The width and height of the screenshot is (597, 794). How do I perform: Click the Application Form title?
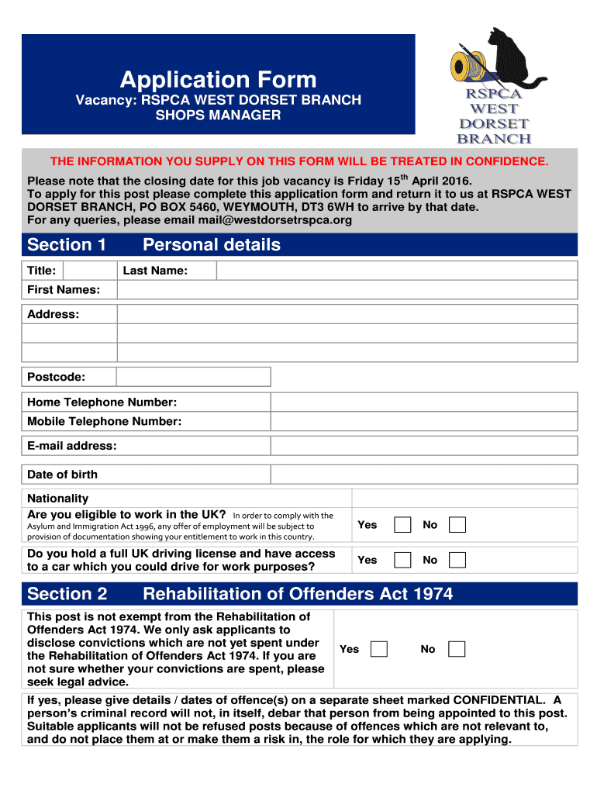(x=218, y=79)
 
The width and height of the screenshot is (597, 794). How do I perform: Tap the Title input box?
(x=89, y=271)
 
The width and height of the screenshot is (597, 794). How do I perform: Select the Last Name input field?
(x=396, y=271)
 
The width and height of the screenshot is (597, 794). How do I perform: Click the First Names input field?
(x=347, y=290)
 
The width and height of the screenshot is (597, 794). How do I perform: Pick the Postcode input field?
(x=193, y=377)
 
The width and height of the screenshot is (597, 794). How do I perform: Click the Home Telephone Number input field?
(x=423, y=402)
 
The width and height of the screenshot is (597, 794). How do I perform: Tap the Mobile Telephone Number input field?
(x=423, y=422)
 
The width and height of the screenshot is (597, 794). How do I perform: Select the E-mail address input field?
(x=423, y=446)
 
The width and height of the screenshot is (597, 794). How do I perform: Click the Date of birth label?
(x=63, y=475)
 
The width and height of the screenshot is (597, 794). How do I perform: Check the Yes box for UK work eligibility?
(x=402, y=525)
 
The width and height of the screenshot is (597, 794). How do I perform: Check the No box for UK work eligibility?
(x=457, y=525)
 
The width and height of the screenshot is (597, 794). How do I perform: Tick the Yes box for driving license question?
(x=402, y=560)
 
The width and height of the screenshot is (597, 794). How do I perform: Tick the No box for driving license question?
(x=457, y=560)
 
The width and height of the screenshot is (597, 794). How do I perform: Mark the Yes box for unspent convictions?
(x=379, y=649)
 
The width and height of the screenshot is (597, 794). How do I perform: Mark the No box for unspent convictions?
(x=457, y=649)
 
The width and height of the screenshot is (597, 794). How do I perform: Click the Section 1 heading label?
(x=67, y=245)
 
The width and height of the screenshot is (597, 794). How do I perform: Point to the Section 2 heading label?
(x=67, y=594)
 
